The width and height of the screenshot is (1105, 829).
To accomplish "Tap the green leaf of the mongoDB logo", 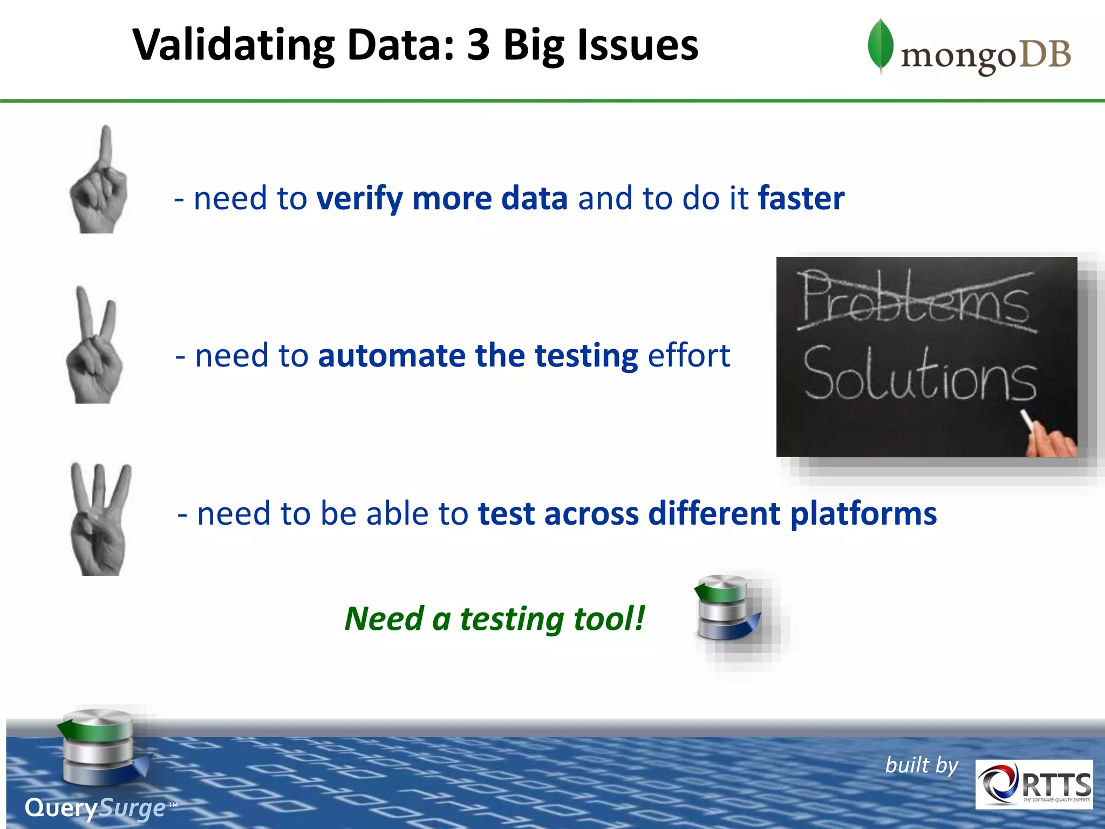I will pyautogui.click(x=880, y=46).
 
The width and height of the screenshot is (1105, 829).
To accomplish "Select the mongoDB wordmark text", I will pyautogui.click(x=986, y=56).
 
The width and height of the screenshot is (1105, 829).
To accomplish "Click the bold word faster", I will pyautogui.click(x=801, y=198).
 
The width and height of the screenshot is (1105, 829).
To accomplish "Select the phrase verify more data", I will pyautogui.click(x=442, y=198).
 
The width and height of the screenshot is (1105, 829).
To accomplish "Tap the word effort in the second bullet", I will pyautogui.click(x=688, y=356).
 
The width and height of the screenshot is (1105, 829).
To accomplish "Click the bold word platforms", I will pyautogui.click(x=863, y=513).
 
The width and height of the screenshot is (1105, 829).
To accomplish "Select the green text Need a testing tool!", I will pyautogui.click(x=494, y=619).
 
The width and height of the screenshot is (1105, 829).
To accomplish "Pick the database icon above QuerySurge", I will pyautogui.click(x=100, y=748).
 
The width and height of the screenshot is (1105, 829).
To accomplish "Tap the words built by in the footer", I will pyautogui.click(x=921, y=765).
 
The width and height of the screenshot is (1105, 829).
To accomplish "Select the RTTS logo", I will pyautogui.click(x=1034, y=784).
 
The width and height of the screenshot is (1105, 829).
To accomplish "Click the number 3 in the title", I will pyautogui.click(x=478, y=45).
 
